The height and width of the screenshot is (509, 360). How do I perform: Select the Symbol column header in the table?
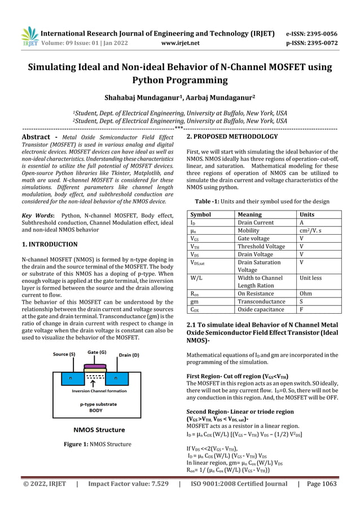click(x=201, y=214)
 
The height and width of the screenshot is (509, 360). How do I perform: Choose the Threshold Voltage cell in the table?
click(x=261, y=246)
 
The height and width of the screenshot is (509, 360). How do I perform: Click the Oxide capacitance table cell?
click(x=261, y=309)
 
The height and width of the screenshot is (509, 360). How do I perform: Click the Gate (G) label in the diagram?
click(x=98, y=352)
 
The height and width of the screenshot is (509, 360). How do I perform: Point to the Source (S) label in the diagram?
click(x=64, y=354)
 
